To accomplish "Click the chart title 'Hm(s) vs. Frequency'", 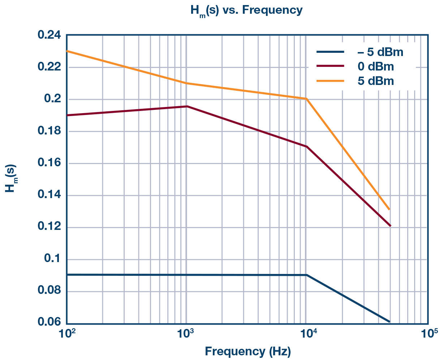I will pyautogui.click(x=246, y=10).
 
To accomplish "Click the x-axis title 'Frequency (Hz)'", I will pyautogui.click(x=248, y=351).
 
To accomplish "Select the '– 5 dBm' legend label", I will pyautogui.click(x=380, y=52).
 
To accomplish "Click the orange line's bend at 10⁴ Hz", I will pyautogui.click(x=306, y=99).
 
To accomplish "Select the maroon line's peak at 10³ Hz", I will pyautogui.click(x=187, y=106).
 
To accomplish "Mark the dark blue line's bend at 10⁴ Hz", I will pyautogui.click(x=306, y=275).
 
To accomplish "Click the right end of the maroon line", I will pyautogui.click(x=390, y=226).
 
